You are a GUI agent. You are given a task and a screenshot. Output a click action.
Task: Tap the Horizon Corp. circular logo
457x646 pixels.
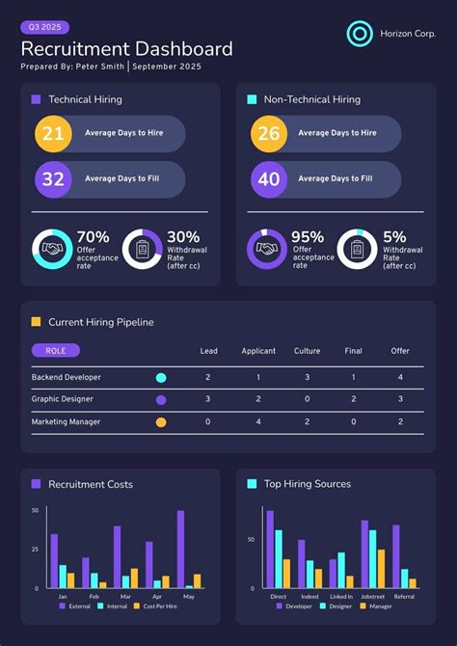pyautogui.click(x=360, y=34)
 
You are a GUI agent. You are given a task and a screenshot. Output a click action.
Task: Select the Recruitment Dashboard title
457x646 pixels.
pyautogui.click(x=126, y=49)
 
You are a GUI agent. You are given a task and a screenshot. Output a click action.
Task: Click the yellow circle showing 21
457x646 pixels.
pyautogui.click(x=53, y=134)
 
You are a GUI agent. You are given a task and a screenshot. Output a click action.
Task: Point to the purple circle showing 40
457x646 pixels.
pyautogui.click(x=269, y=179)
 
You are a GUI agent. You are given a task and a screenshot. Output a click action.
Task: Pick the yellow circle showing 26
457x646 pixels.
pyautogui.click(x=269, y=134)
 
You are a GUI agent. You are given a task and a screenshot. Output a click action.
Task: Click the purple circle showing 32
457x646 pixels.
pyautogui.click(x=53, y=179)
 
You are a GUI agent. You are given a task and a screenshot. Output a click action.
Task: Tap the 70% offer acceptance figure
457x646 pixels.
pyautogui.click(x=94, y=237)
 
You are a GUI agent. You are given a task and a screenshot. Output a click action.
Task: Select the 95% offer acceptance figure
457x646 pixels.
pyautogui.click(x=309, y=237)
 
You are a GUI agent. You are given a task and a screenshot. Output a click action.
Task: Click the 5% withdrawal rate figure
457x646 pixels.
pyautogui.click(x=395, y=237)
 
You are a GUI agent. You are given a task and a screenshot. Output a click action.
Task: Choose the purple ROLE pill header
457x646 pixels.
pyautogui.click(x=56, y=351)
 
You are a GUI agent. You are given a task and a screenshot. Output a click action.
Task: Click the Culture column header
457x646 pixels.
pyautogui.click(x=307, y=351)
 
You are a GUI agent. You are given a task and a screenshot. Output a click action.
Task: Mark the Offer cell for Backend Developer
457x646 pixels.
pyautogui.click(x=400, y=377)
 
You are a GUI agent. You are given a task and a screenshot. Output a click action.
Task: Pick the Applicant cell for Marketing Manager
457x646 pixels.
pyautogui.click(x=258, y=421)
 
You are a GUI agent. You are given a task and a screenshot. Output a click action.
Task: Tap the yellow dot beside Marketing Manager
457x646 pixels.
pyautogui.click(x=161, y=421)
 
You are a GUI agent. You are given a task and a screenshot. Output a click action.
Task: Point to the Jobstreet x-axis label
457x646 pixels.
pyautogui.click(x=372, y=597)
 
